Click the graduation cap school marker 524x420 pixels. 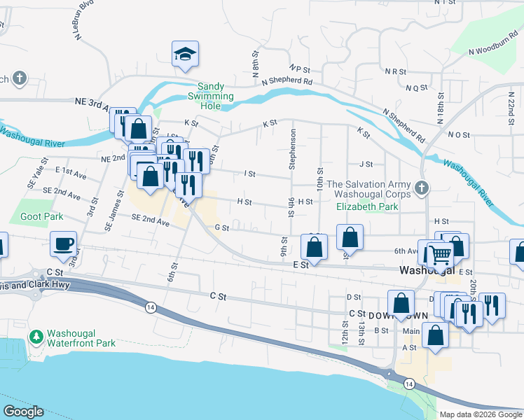pos(185,54)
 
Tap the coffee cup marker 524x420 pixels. pos(63,244)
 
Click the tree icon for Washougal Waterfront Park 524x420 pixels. pos(36,337)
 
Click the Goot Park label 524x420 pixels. pos(41,217)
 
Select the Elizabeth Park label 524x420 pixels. pos(367,206)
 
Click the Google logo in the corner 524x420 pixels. pos(23,412)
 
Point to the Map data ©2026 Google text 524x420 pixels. pos(480,414)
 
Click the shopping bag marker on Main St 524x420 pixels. pos(436,335)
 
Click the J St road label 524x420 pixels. pos(366,164)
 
